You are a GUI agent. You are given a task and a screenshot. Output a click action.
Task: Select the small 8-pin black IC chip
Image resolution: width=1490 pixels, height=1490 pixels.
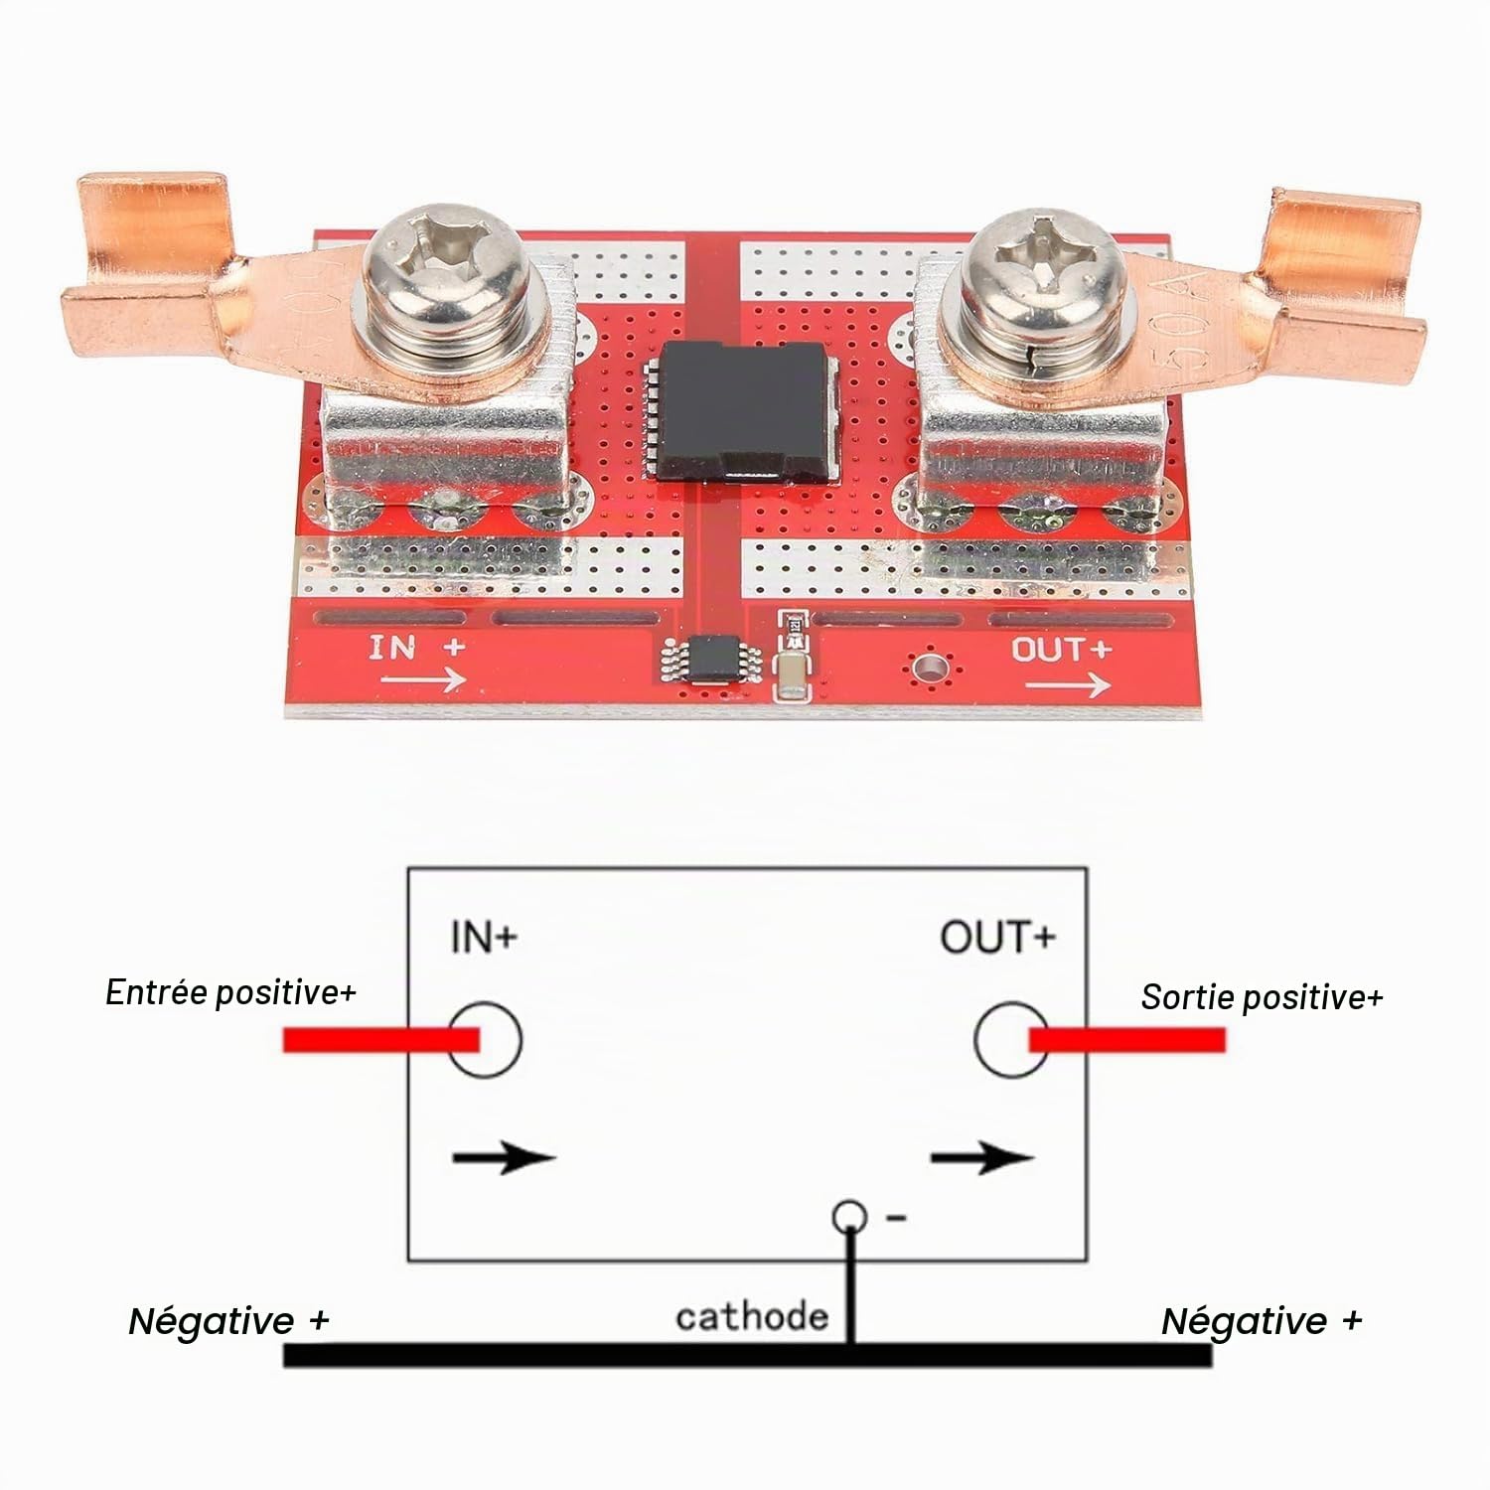712,660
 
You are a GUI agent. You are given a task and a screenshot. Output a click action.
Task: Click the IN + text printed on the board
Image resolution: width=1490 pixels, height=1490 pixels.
416,648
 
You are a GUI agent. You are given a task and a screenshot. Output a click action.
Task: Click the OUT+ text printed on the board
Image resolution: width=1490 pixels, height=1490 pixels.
1061,650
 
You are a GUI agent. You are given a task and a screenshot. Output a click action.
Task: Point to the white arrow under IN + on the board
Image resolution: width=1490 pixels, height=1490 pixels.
424,679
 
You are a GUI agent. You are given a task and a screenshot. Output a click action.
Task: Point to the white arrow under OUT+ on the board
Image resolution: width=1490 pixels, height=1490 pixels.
1068,684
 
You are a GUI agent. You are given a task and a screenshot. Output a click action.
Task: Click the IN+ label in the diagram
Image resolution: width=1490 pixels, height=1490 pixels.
484,937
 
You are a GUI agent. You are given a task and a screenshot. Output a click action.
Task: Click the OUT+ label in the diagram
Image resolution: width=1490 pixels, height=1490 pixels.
997,937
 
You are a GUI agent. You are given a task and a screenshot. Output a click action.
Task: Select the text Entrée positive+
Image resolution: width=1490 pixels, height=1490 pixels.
230,992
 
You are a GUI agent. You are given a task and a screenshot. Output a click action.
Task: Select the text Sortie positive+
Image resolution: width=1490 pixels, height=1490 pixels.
1262,996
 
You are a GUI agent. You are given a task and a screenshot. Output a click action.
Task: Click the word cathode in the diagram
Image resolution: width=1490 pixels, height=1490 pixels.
752,1316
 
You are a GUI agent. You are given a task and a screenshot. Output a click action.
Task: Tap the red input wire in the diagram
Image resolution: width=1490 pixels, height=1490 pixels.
381,1040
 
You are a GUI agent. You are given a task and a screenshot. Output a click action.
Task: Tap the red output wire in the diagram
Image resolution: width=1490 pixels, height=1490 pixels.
1127,1040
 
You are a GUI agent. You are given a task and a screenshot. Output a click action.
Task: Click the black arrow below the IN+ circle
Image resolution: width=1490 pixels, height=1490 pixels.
504,1157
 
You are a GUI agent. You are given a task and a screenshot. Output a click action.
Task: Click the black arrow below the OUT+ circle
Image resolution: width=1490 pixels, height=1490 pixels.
982,1157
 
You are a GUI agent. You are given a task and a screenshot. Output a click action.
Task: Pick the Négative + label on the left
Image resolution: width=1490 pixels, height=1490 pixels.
228,1321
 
